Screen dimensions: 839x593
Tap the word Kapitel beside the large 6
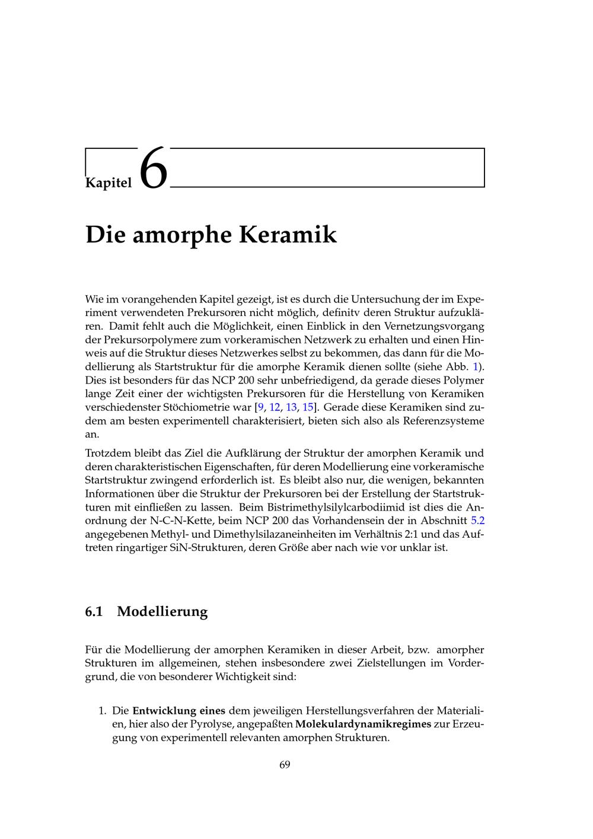pos(109,183)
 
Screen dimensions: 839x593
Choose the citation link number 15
pos(307,407)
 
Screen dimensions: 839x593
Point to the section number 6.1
pos(94,611)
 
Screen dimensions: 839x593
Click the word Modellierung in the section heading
pos(162,611)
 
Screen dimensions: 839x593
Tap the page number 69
pos(285,765)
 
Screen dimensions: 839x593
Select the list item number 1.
pos(101,710)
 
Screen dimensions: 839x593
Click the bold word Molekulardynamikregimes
pos(363,724)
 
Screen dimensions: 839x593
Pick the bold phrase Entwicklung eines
pos(178,710)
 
